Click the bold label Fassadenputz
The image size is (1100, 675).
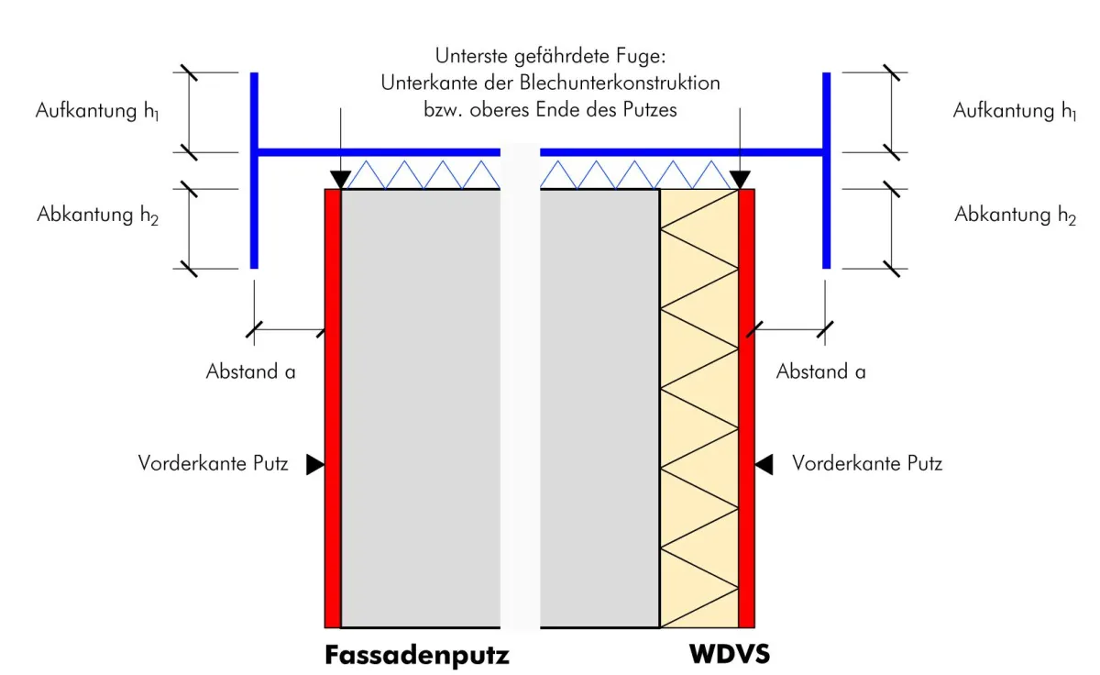pyautogui.click(x=416, y=656)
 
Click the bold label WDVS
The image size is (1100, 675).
pyautogui.click(x=731, y=656)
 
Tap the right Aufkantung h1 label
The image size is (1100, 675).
pyautogui.click(x=1015, y=111)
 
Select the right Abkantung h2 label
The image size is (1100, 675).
pyautogui.click(x=1015, y=216)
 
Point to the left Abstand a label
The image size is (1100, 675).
pyautogui.click(x=250, y=371)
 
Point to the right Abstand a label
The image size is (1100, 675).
pyautogui.click(x=820, y=371)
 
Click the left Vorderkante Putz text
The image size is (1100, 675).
pyautogui.click(x=214, y=463)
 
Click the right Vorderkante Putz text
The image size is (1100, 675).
pyautogui.click(x=867, y=463)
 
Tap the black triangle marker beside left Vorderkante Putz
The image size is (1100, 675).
pyautogui.click(x=315, y=465)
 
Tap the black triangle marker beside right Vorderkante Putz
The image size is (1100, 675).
pyautogui.click(x=764, y=465)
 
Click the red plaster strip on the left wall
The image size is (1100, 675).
pyautogui.click(x=333, y=413)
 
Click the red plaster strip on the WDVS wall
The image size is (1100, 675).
pyautogui.click(x=746, y=413)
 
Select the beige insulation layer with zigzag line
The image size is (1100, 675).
pyautogui.click(x=698, y=413)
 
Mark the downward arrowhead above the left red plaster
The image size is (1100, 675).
pyautogui.click(x=340, y=180)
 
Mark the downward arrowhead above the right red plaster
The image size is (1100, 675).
pyautogui.click(x=739, y=180)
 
